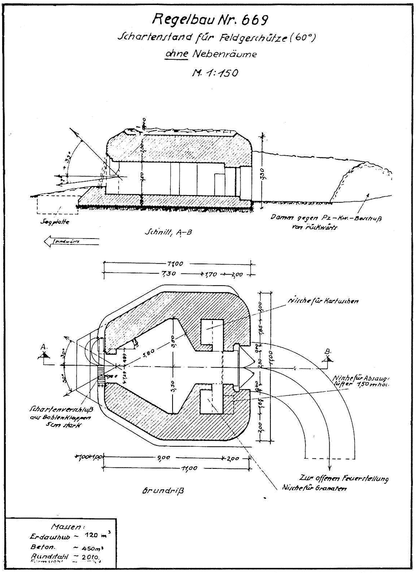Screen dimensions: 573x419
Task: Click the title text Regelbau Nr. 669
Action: pyautogui.click(x=211, y=19)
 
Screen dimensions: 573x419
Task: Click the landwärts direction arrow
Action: pyautogui.click(x=71, y=242)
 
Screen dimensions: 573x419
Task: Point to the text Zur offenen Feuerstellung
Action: pyautogui.click(x=344, y=478)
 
